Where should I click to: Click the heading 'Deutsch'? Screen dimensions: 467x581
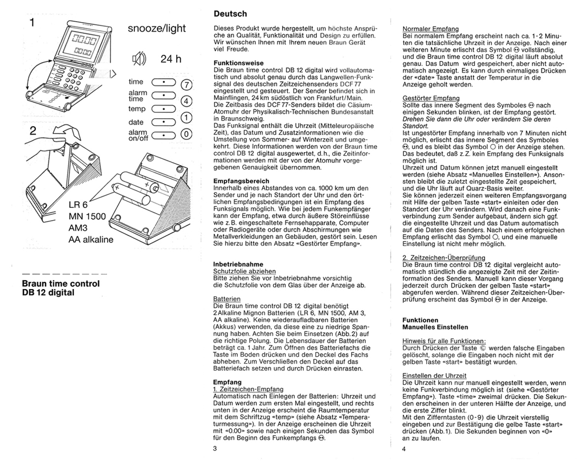(230, 14)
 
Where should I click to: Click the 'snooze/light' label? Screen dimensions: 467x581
(157, 30)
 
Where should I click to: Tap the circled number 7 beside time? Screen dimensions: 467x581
(187, 85)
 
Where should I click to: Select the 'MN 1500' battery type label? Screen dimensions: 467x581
(87, 215)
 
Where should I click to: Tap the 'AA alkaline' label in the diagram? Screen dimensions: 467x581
(91, 239)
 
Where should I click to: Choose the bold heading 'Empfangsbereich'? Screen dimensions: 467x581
(241, 180)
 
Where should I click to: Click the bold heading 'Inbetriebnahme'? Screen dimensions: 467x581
(238, 263)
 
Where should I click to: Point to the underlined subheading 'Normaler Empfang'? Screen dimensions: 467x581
(430, 28)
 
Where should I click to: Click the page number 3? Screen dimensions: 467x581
(215, 449)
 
